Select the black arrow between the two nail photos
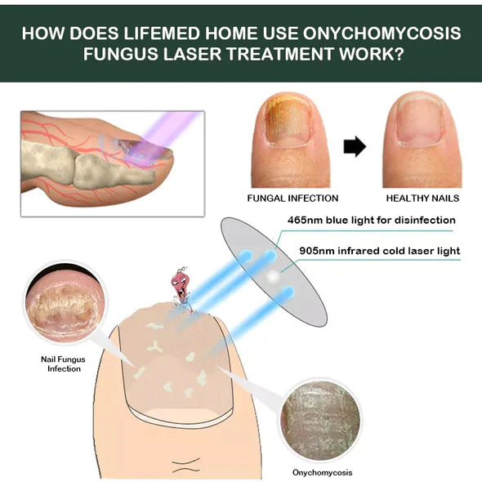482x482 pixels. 353,147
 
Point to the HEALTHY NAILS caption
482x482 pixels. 422,198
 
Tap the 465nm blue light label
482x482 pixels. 371,220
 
